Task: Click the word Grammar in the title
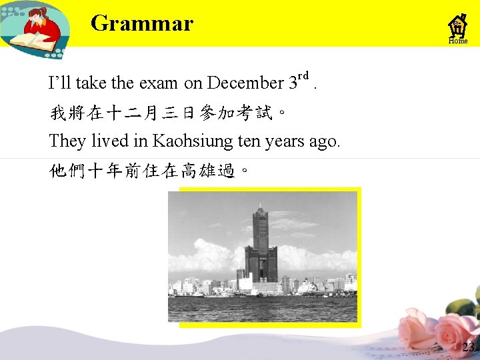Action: [x=141, y=24]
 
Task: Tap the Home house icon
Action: [x=458, y=28]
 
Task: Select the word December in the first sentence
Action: [x=245, y=83]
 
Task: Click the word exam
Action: [x=159, y=83]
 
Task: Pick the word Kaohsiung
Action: [x=190, y=141]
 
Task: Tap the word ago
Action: [x=325, y=141]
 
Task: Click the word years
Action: [x=285, y=141]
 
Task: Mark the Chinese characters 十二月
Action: [x=133, y=113]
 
